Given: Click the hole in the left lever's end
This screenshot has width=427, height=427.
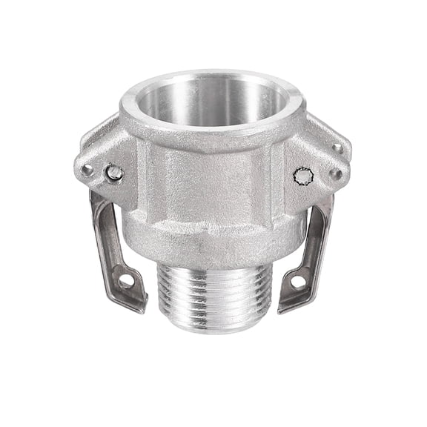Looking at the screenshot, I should (x=125, y=281).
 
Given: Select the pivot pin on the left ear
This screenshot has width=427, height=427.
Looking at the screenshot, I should (x=113, y=173).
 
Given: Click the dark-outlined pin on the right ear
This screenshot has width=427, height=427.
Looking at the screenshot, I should (x=304, y=176).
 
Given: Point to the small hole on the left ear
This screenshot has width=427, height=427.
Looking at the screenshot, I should (x=87, y=170).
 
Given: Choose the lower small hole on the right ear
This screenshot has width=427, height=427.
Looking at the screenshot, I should (x=335, y=174).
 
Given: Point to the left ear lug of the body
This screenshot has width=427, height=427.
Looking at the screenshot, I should (x=100, y=156).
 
